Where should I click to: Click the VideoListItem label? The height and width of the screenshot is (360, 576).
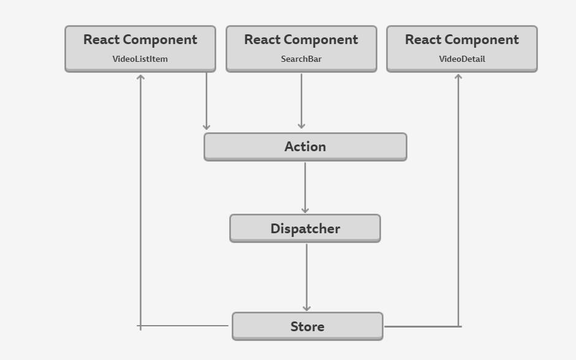pos(140,59)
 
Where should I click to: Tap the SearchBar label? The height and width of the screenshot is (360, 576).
pos(301,59)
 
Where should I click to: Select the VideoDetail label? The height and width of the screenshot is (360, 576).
pos(461,59)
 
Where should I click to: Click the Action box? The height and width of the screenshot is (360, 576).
pos(305,147)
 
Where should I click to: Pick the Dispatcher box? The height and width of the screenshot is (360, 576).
pos(305,228)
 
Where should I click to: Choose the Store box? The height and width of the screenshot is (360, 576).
pos(307,326)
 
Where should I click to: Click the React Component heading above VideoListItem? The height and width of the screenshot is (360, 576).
pos(140,40)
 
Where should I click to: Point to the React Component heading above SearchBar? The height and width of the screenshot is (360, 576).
pos(301,40)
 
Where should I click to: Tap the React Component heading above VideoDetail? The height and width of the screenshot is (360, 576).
pos(461,40)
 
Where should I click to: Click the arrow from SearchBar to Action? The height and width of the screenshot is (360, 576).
pos(301,101)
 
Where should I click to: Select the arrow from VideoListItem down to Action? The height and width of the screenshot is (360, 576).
pos(207,101)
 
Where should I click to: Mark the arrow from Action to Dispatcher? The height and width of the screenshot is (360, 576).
pos(305,187)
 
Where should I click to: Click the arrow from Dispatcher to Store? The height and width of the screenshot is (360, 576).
pos(306,276)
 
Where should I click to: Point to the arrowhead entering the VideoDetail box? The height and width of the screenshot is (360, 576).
pos(458,77)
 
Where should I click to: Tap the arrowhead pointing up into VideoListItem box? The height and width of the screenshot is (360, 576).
pos(140,78)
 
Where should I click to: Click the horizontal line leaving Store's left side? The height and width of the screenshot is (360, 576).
pos(184,326)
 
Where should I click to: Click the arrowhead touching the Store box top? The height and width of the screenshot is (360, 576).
pos(306,308)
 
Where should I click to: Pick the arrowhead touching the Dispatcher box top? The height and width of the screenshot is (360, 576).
pos(305,210)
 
